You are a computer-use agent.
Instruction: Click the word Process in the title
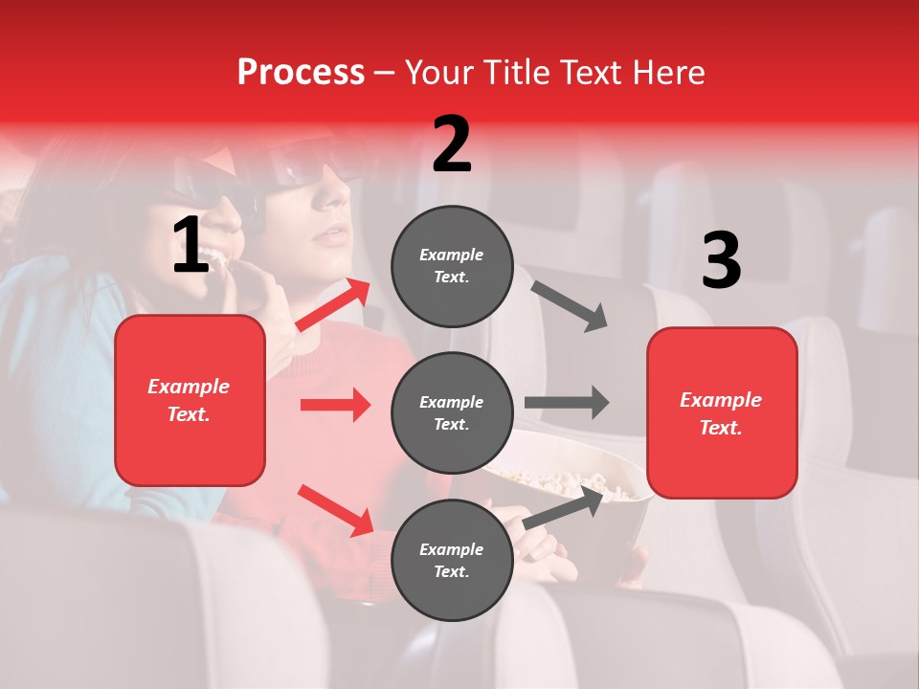(x=301, y=73)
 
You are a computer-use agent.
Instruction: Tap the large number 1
(x=191, y=246)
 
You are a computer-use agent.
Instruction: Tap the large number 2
(x=452, y=144)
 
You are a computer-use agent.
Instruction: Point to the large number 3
(x=721, y=260)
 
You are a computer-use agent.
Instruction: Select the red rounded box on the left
(x=190, y=400)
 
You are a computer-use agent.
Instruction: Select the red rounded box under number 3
(x=722, y=412)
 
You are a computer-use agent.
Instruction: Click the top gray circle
(x=452, y=266)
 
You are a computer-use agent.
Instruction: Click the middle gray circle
(x=452, y=412)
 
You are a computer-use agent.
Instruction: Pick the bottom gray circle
(x=452, y=560)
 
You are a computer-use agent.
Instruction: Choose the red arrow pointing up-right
(x=333, y=305)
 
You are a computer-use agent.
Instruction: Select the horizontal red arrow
(x=335, y=405)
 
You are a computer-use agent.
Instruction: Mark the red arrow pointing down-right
(x=335, y=510)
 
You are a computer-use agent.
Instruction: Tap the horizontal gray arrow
(x=567, y=402)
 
